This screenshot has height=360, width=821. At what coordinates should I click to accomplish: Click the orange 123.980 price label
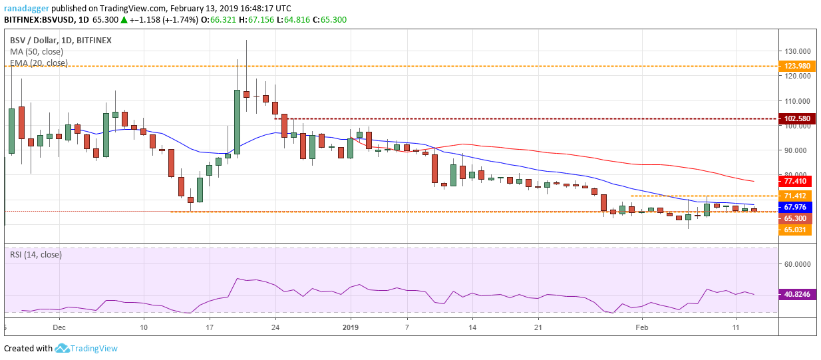coord(797,66)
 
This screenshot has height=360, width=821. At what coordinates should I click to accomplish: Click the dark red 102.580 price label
coord(797,118)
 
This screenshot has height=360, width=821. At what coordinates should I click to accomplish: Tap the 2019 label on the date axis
coord(351,328)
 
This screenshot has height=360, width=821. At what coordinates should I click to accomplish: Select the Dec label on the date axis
coord(59,328)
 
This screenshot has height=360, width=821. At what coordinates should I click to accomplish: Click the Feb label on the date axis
coord(641,328)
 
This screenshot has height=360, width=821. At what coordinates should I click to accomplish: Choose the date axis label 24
coord(275,328)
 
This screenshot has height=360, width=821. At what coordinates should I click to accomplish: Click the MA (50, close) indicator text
coord(37,51)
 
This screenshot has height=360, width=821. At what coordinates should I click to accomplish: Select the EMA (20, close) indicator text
coord(39,63)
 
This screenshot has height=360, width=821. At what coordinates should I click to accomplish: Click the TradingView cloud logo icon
coord(63,348)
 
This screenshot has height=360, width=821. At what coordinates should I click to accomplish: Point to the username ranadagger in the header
coord(26,8)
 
